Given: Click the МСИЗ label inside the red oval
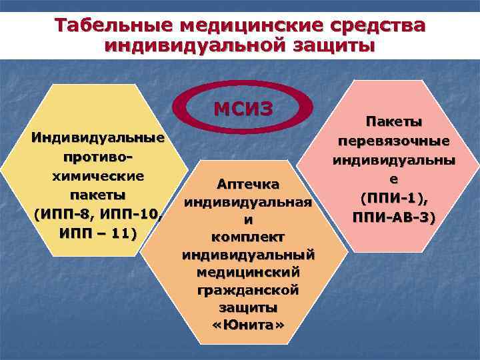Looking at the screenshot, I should [243, 109].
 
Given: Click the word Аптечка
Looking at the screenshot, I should [247, 184].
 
